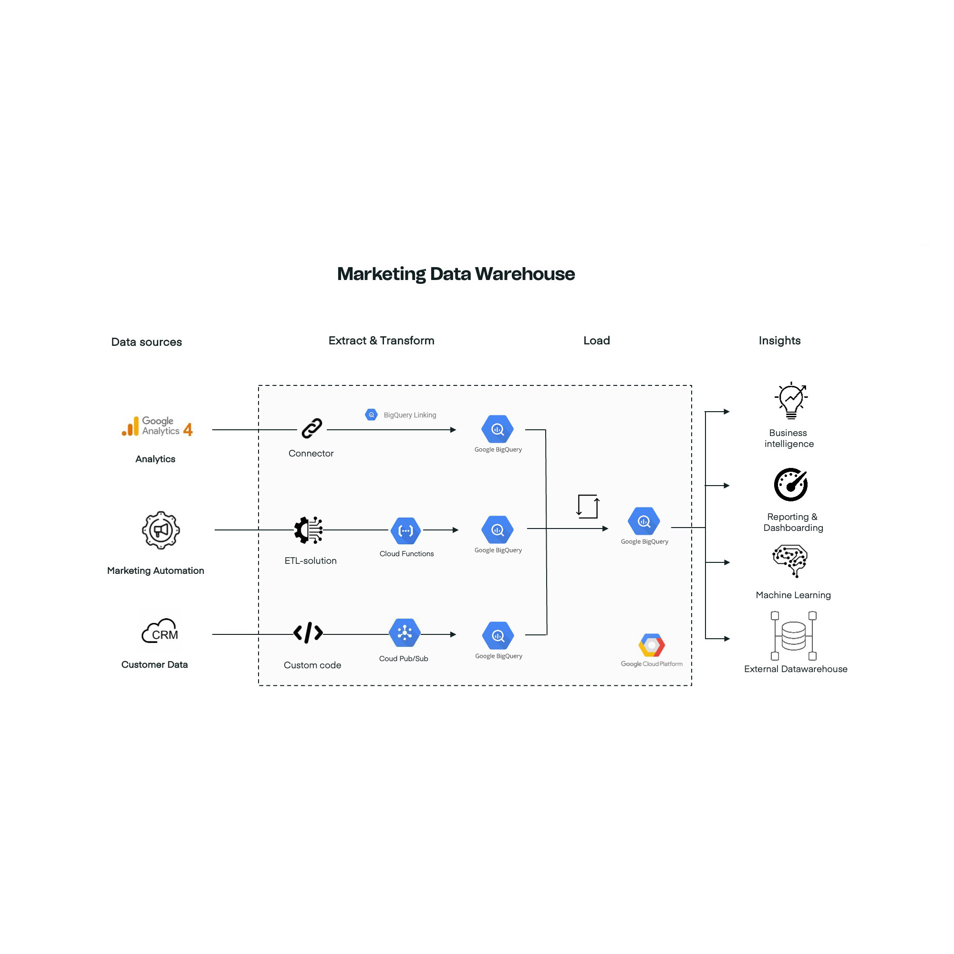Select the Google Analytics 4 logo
coord(157,426)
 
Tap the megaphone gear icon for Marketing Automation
coord(160,530)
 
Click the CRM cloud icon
coord(160,632)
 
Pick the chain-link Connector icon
coord(312,429)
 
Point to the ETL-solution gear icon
coord(309,530)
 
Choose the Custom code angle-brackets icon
coord(308,633)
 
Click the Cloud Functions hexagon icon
coord(406,531)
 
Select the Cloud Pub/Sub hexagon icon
coord(405,633)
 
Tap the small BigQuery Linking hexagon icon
coord(371,415)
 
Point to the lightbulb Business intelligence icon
coord(791,401)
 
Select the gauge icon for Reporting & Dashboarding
coord(790,485)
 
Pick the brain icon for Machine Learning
coord(790,560)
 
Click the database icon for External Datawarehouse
coord(794,636)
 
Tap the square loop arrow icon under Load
coord(588,507)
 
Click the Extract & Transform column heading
coord(381,341)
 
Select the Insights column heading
coord(779,341)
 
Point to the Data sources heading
coord(146,342)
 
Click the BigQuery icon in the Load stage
coord(644,521)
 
